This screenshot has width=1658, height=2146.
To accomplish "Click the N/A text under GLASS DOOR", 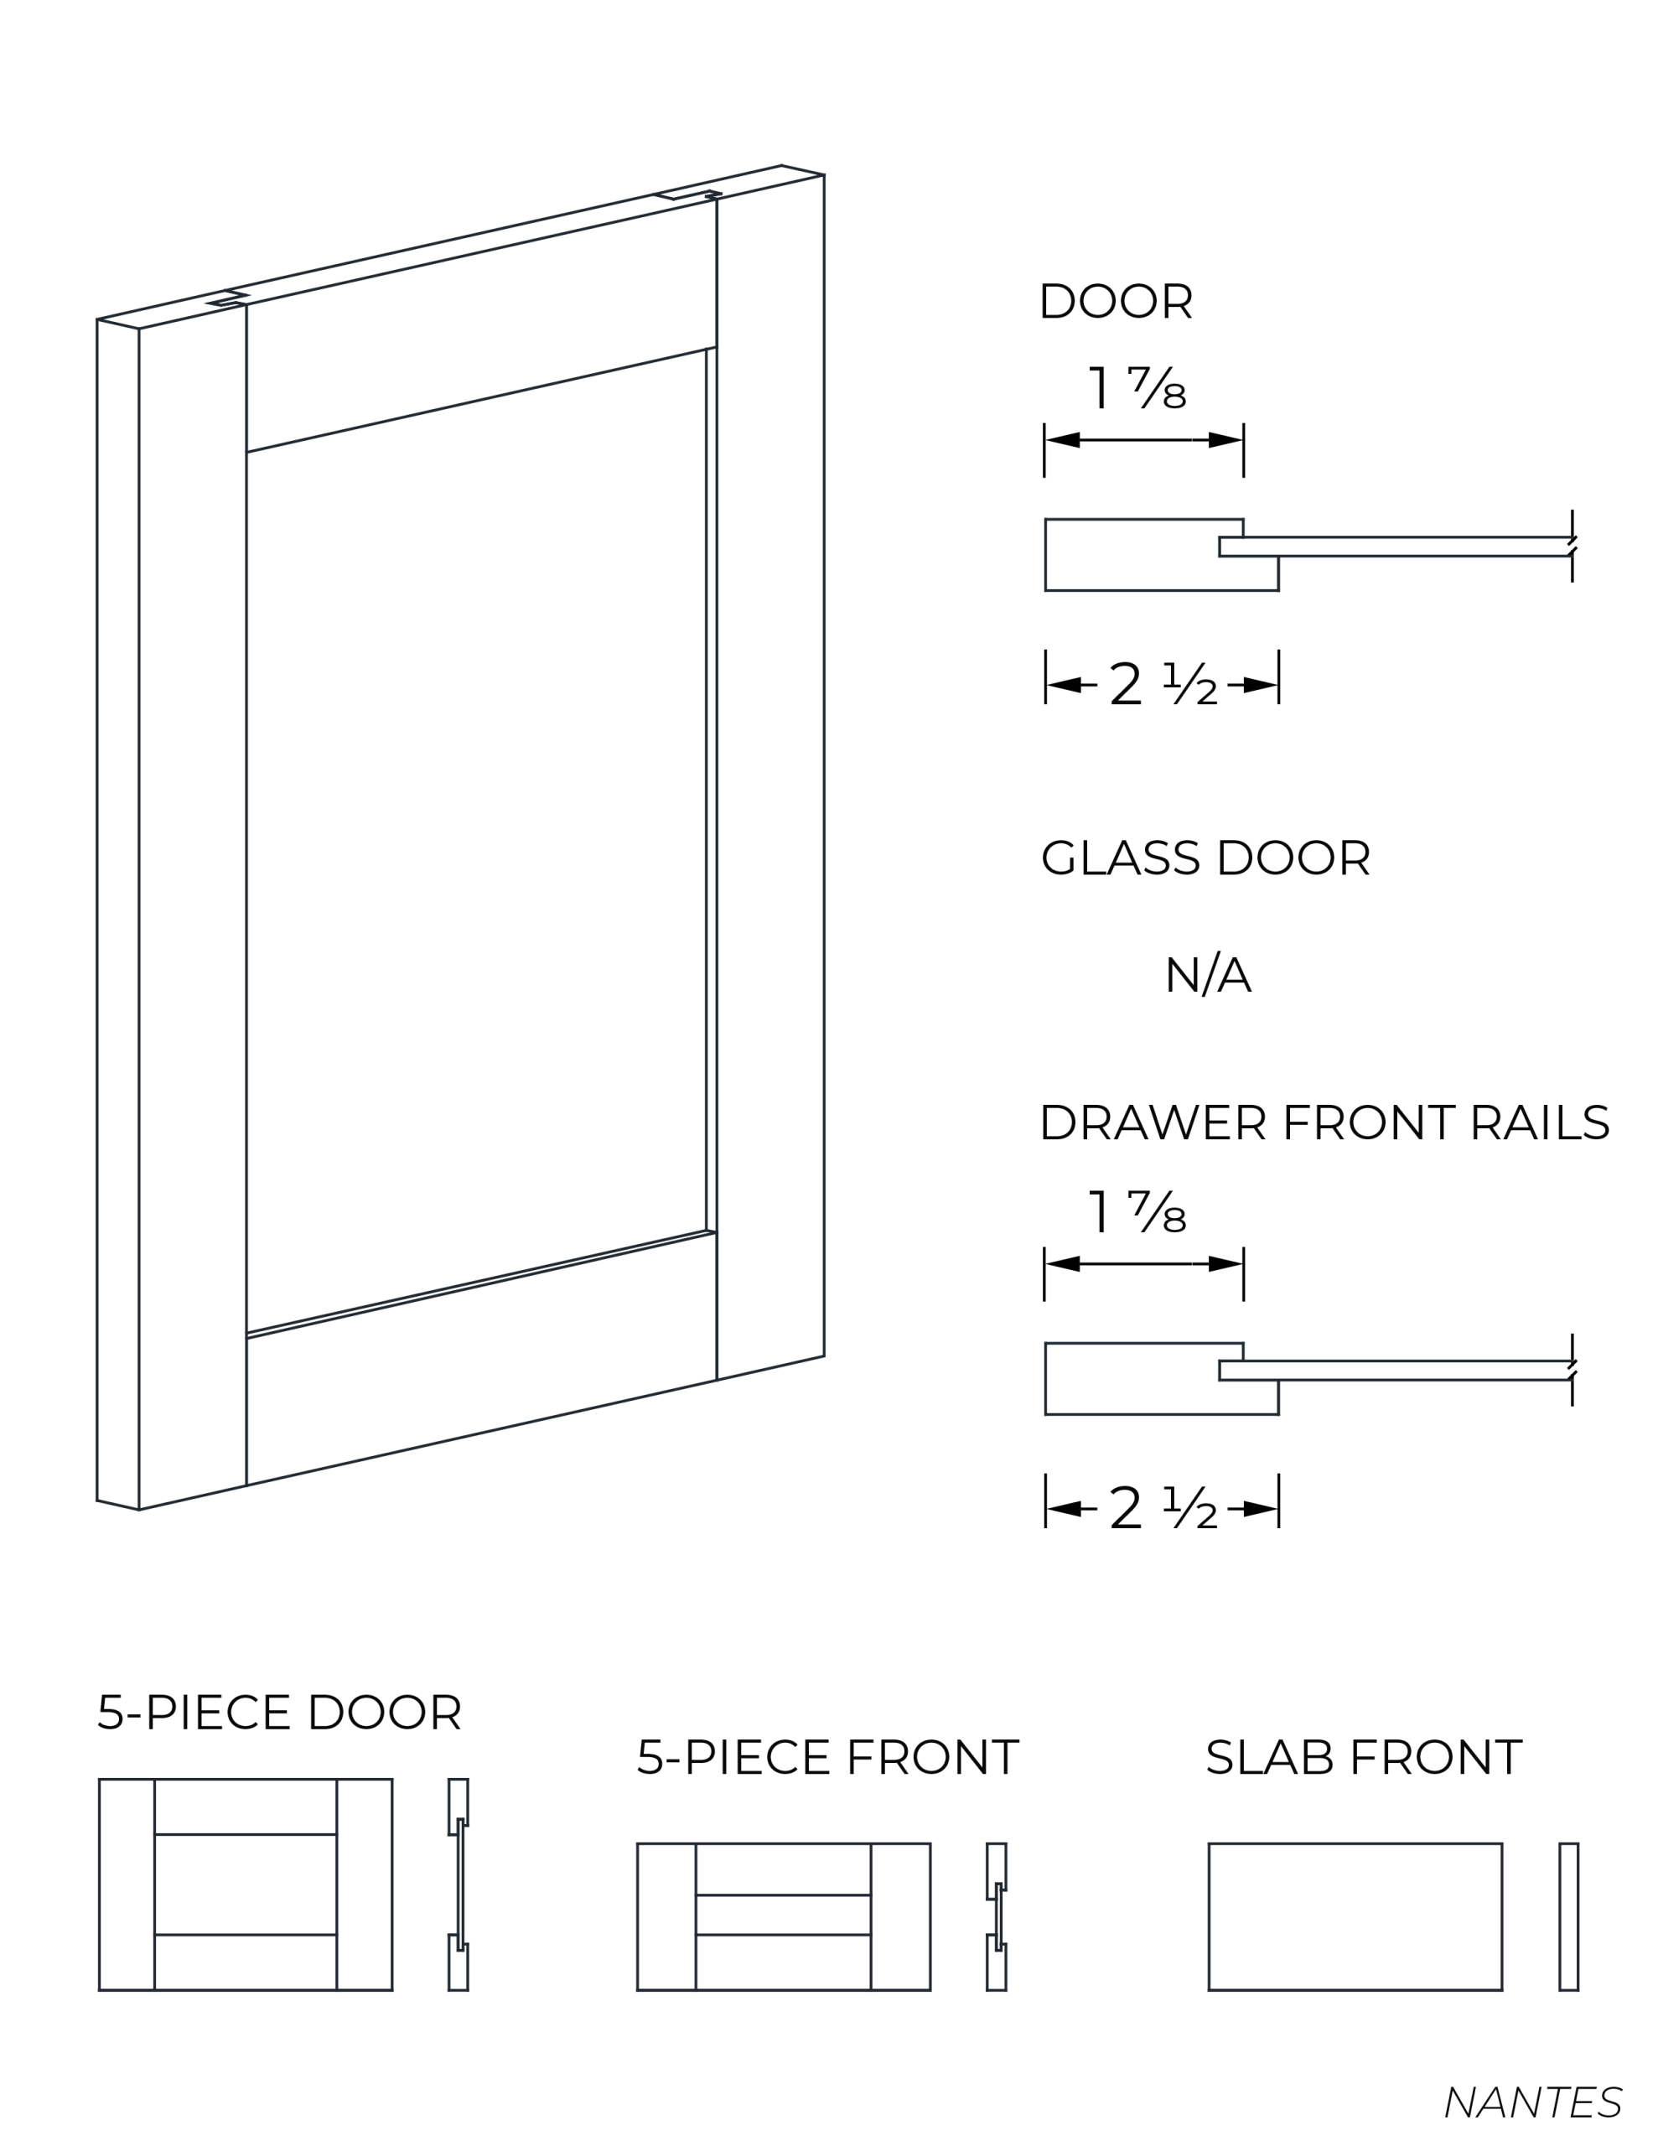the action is pos(1207,975).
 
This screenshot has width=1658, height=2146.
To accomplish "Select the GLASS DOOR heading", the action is pos(1205,858).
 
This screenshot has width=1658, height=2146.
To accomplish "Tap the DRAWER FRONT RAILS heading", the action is pos(1324,1122).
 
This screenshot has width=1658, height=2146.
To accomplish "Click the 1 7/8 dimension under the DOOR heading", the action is pos(1137,387).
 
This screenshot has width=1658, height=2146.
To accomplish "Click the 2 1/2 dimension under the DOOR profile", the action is pos(1163,684).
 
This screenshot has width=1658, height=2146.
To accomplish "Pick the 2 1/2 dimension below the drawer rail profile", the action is pos(1163,1508).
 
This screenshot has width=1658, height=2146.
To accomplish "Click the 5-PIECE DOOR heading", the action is pos(279,1713).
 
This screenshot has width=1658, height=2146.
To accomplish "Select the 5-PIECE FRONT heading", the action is pos(827,1758).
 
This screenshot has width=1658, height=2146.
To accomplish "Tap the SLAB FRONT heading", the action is pos(1363,1758).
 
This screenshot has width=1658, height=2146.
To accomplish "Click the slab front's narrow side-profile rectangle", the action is pos(1568,1917).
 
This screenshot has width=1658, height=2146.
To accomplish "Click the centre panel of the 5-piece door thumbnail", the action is pos(246,1884).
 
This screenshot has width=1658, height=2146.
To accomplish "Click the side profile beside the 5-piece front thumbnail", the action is pos(997,1917).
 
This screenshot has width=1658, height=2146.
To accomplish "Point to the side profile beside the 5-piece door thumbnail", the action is pos(458,1884).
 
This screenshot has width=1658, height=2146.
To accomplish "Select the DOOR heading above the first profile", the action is pos(1116,301).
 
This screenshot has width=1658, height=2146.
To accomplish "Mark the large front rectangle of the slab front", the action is pos(1355,1917).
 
